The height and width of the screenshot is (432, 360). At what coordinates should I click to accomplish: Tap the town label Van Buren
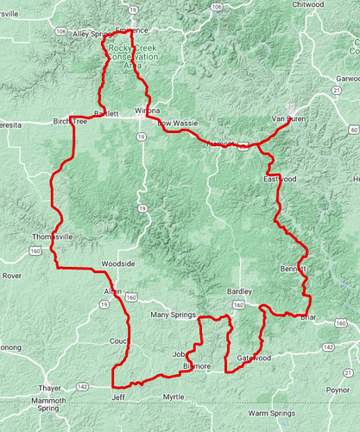point(289,118)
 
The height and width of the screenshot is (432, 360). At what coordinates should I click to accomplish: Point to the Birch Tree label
point(71,122)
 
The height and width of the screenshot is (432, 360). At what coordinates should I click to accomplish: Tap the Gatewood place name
point(254,358)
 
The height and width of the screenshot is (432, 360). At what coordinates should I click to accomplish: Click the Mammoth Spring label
point(42,405)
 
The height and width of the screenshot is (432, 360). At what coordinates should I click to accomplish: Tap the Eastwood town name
point(281,179)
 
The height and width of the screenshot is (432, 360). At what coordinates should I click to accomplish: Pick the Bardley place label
point(239,292)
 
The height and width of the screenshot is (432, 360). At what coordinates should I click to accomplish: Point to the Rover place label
point(11,276)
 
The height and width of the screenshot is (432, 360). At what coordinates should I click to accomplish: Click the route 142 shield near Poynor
point(329,346)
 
